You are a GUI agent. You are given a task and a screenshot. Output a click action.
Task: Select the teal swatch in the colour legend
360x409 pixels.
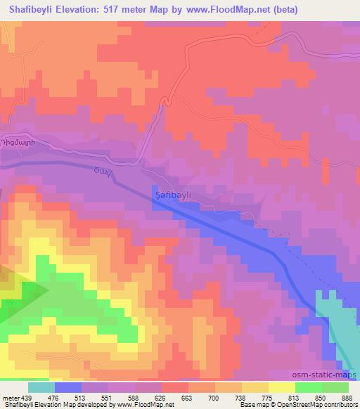[41, 387]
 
